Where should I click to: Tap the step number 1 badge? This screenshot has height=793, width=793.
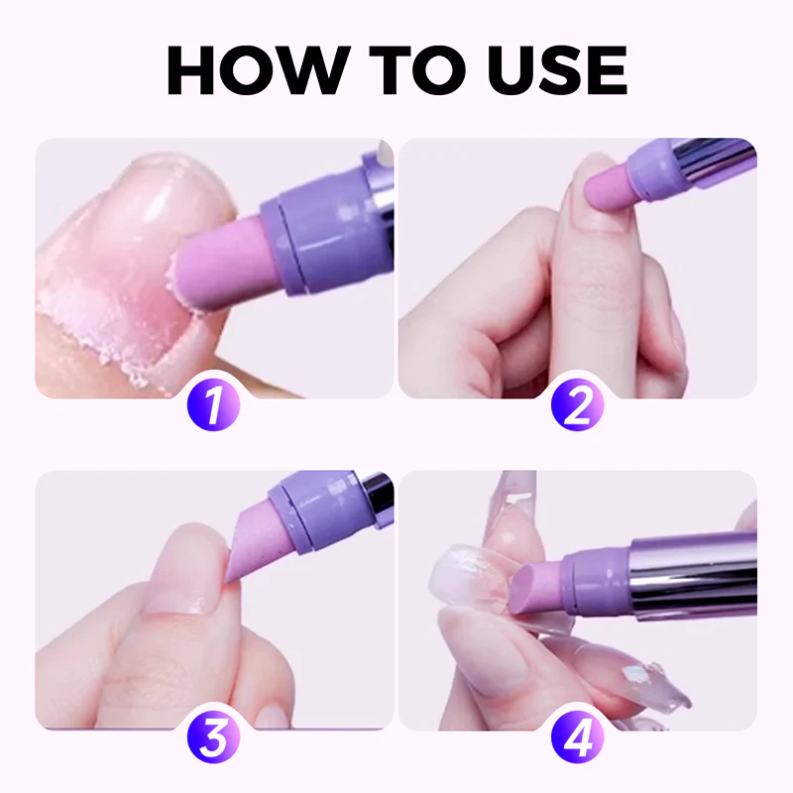[x=213, y=406]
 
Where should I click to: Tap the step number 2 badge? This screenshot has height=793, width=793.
[x=579, y=406]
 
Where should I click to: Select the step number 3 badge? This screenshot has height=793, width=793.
[x=213, y=737]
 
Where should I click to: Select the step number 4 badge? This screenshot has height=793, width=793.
[x=579, y=737]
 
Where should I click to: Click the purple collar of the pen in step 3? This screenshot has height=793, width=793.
[x=317, y=506]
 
